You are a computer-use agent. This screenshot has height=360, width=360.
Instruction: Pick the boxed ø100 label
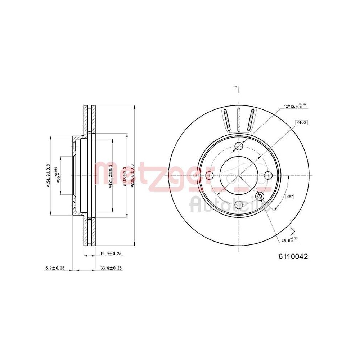coord(301,123)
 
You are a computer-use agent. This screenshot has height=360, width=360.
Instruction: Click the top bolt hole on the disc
coord(239,146)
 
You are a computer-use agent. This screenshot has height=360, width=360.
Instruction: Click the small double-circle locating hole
coord(260,196)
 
